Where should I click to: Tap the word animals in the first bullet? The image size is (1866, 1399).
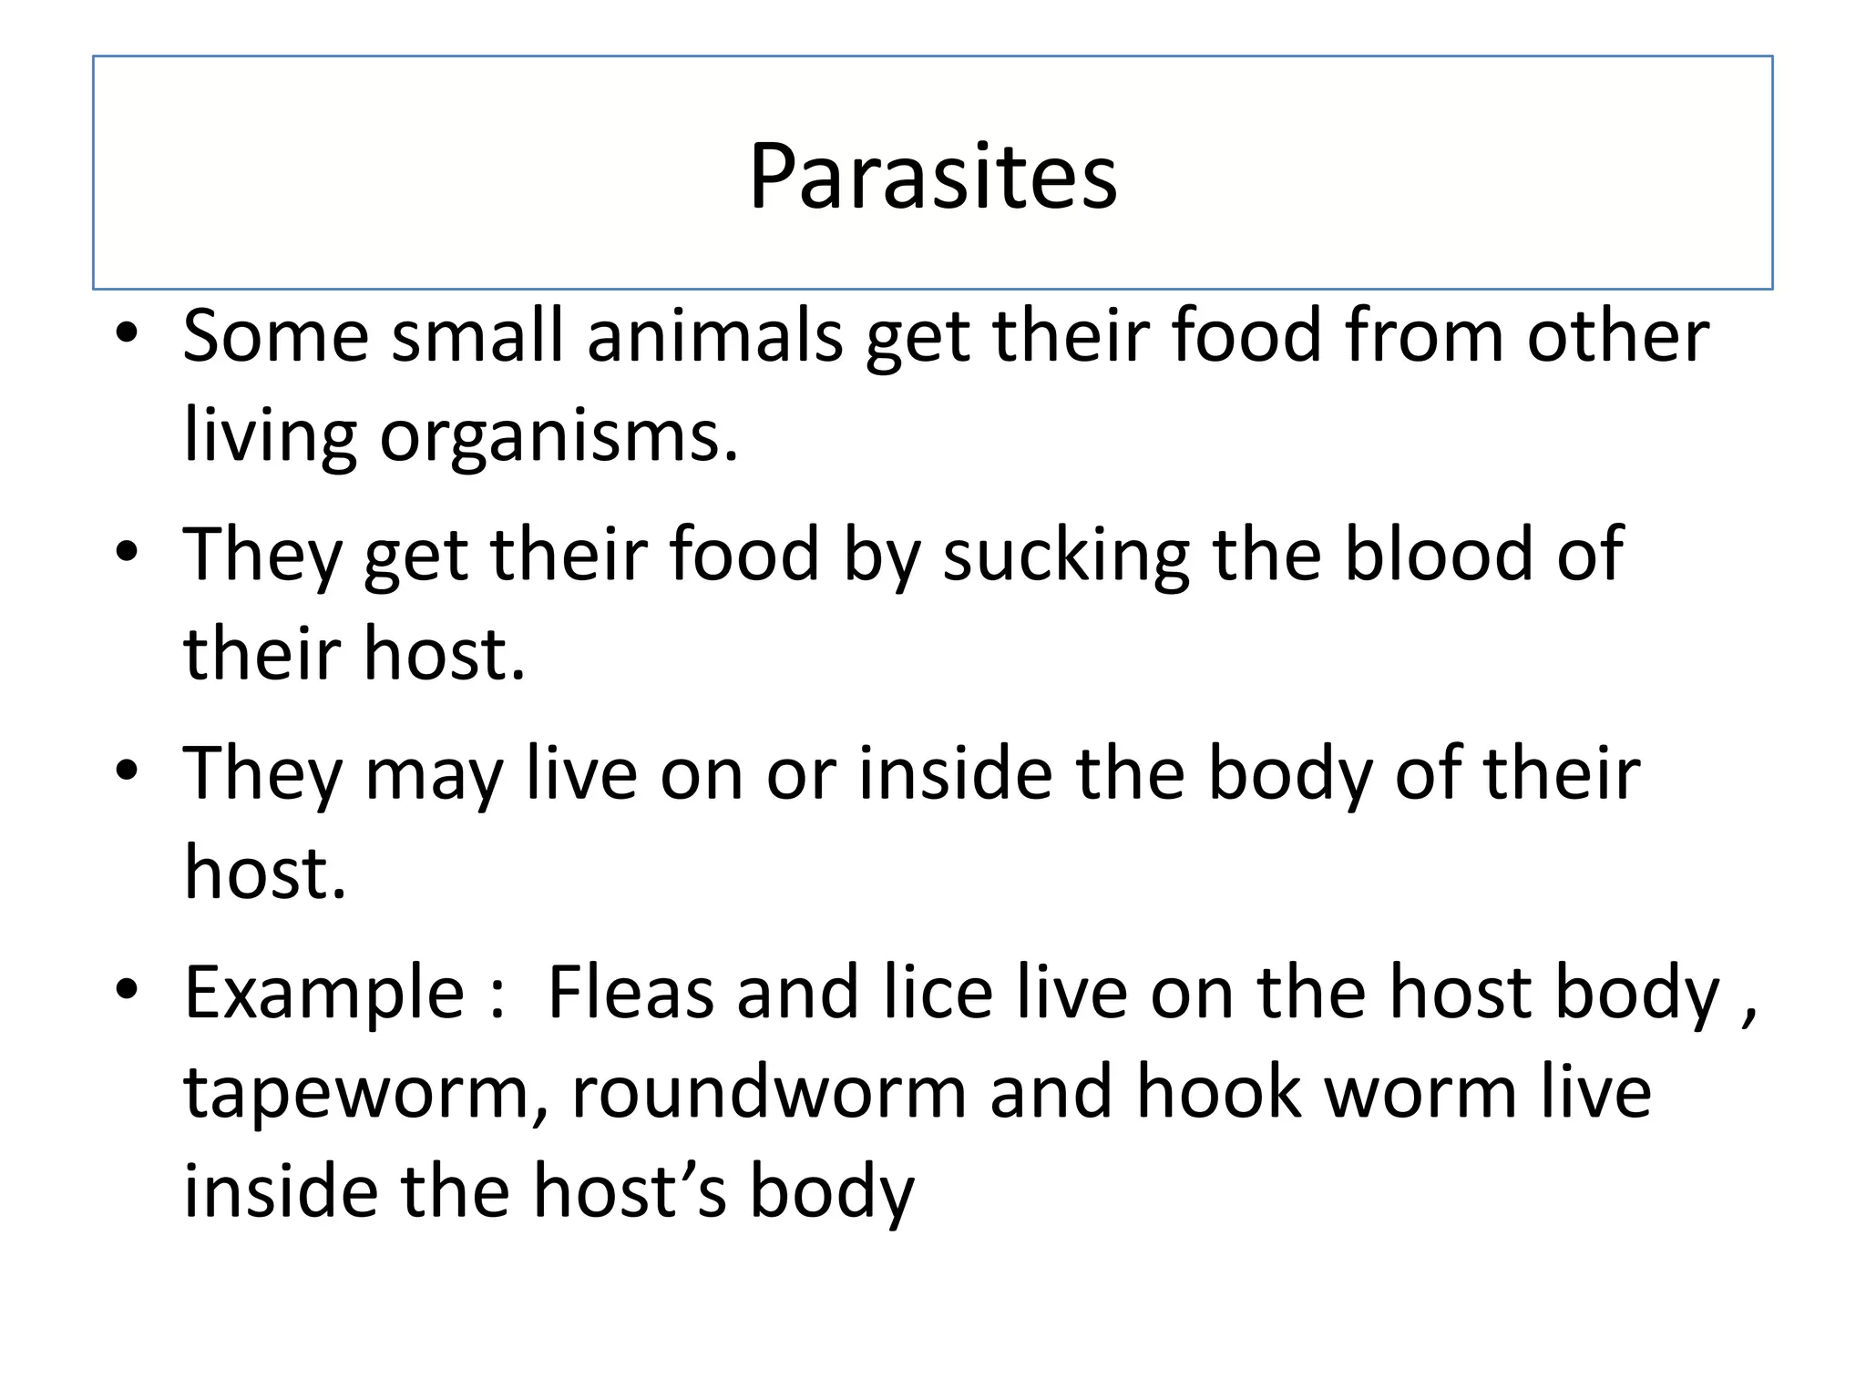coord(715,336)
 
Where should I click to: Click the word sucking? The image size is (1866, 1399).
coord(1066,556)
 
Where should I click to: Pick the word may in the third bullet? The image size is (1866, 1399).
coord(434,775)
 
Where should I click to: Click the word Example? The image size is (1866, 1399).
coord(324,993)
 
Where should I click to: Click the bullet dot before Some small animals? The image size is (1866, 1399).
coord(127,333)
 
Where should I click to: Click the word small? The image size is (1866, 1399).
coord(477,336)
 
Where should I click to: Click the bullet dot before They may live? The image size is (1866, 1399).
coord(127,771)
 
